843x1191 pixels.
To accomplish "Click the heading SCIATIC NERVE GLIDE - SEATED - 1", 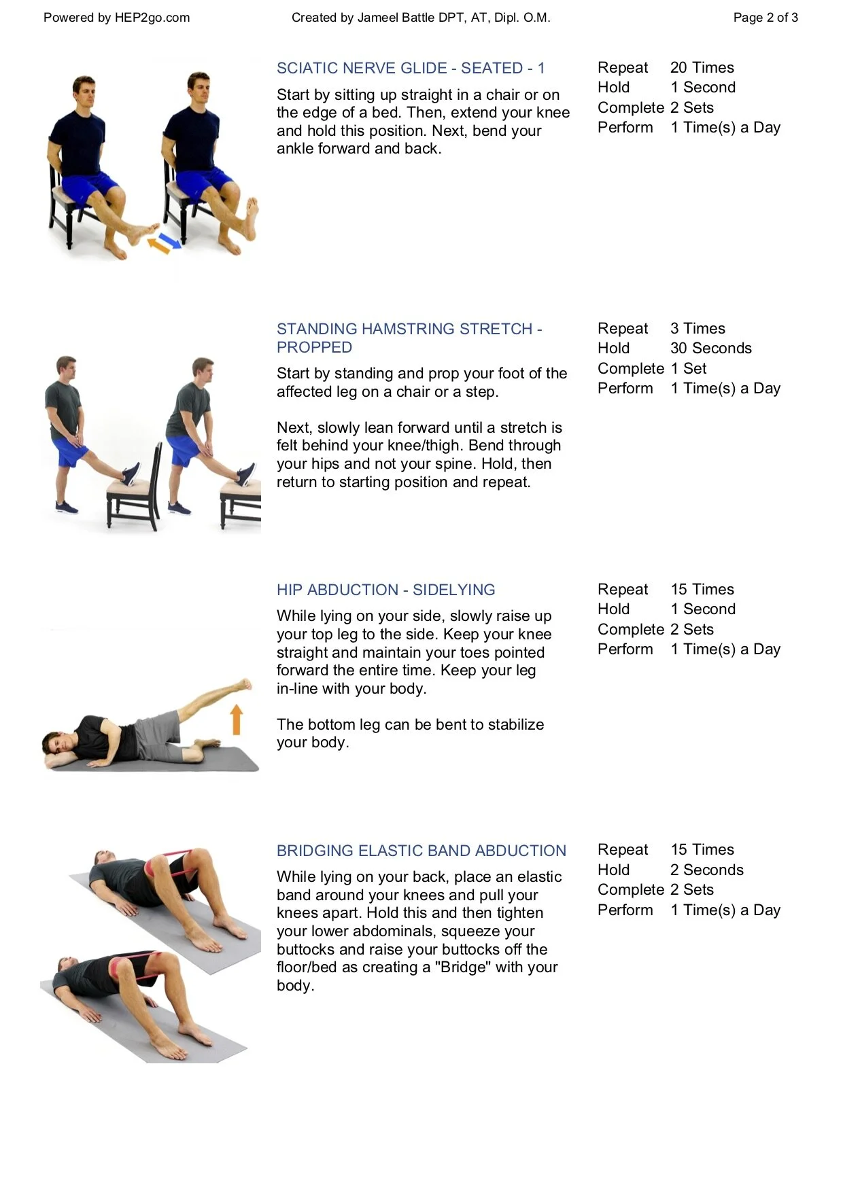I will click(x=411, y=68).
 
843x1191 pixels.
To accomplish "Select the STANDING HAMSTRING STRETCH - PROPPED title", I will click(x=409, y=338).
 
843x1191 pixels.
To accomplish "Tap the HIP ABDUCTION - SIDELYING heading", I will click(x=385, y=590).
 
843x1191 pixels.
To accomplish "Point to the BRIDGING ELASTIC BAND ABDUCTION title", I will click(x=421, y=851).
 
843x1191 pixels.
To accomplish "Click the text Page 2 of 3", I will click(x=765, y=18).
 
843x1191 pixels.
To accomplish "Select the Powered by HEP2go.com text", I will click(x=116, y=18).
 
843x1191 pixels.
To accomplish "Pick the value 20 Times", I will click(x=702, y=68).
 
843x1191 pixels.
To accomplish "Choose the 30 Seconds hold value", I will click(x=710, y=349).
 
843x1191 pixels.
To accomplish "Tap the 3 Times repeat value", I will click(x=698, y=329).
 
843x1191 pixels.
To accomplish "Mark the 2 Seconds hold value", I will click(x=706, y=870).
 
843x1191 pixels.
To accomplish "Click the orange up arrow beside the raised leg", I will click(x=237, y=719).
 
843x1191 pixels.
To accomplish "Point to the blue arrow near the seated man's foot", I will click(x=171, y=241).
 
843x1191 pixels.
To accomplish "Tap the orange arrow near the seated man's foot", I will click(x=158, y=245).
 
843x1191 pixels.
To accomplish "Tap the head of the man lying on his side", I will click(x=56, y=741).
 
